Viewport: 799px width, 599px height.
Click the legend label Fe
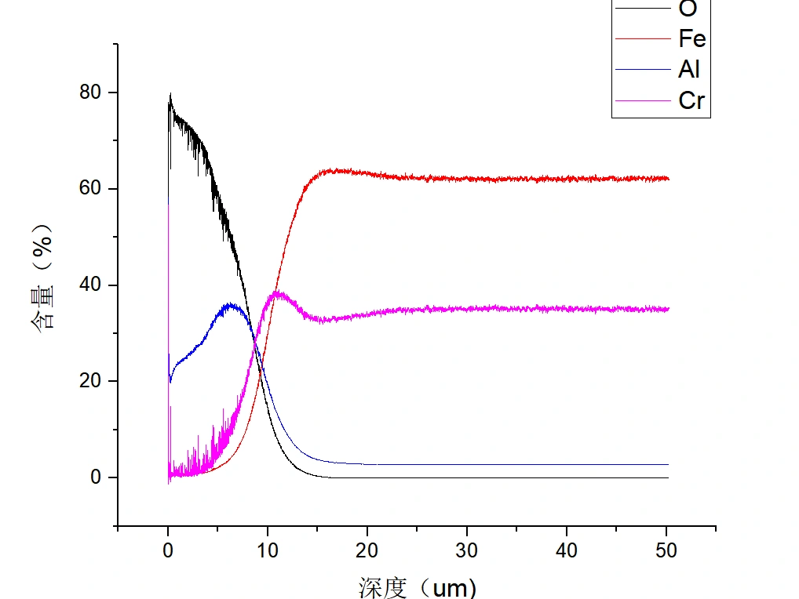tap(691, 39)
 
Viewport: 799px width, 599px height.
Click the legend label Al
tap(688, 70)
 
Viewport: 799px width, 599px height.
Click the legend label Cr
tap(691, 100)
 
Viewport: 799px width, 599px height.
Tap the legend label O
tap(687, 10)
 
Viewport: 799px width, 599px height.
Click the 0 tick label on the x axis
tap(168, 550)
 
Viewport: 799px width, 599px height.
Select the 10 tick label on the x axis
tap(268, 550)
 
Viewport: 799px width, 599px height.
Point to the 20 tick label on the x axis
tap(367, 550)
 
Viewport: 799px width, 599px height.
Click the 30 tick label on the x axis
tap(467, 550)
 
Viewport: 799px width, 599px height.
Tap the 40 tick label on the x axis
tap(567, 550)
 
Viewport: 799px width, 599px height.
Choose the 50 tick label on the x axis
tap(666, 550)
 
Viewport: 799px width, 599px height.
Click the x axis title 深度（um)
tap(418, 587)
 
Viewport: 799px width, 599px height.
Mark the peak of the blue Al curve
tap(230, 304)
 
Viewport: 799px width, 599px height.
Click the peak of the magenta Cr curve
tap(277, 292)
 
